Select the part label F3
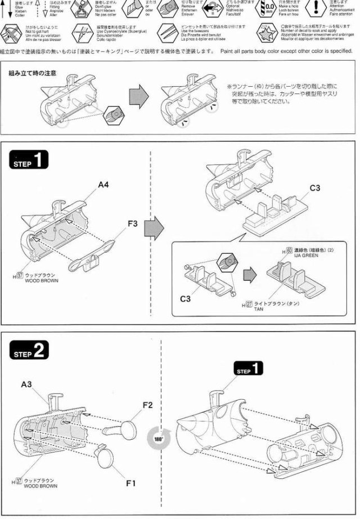[133, 223]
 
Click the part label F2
[148, 405]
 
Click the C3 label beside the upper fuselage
[315, 188]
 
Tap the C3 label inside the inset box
[185, 299]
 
